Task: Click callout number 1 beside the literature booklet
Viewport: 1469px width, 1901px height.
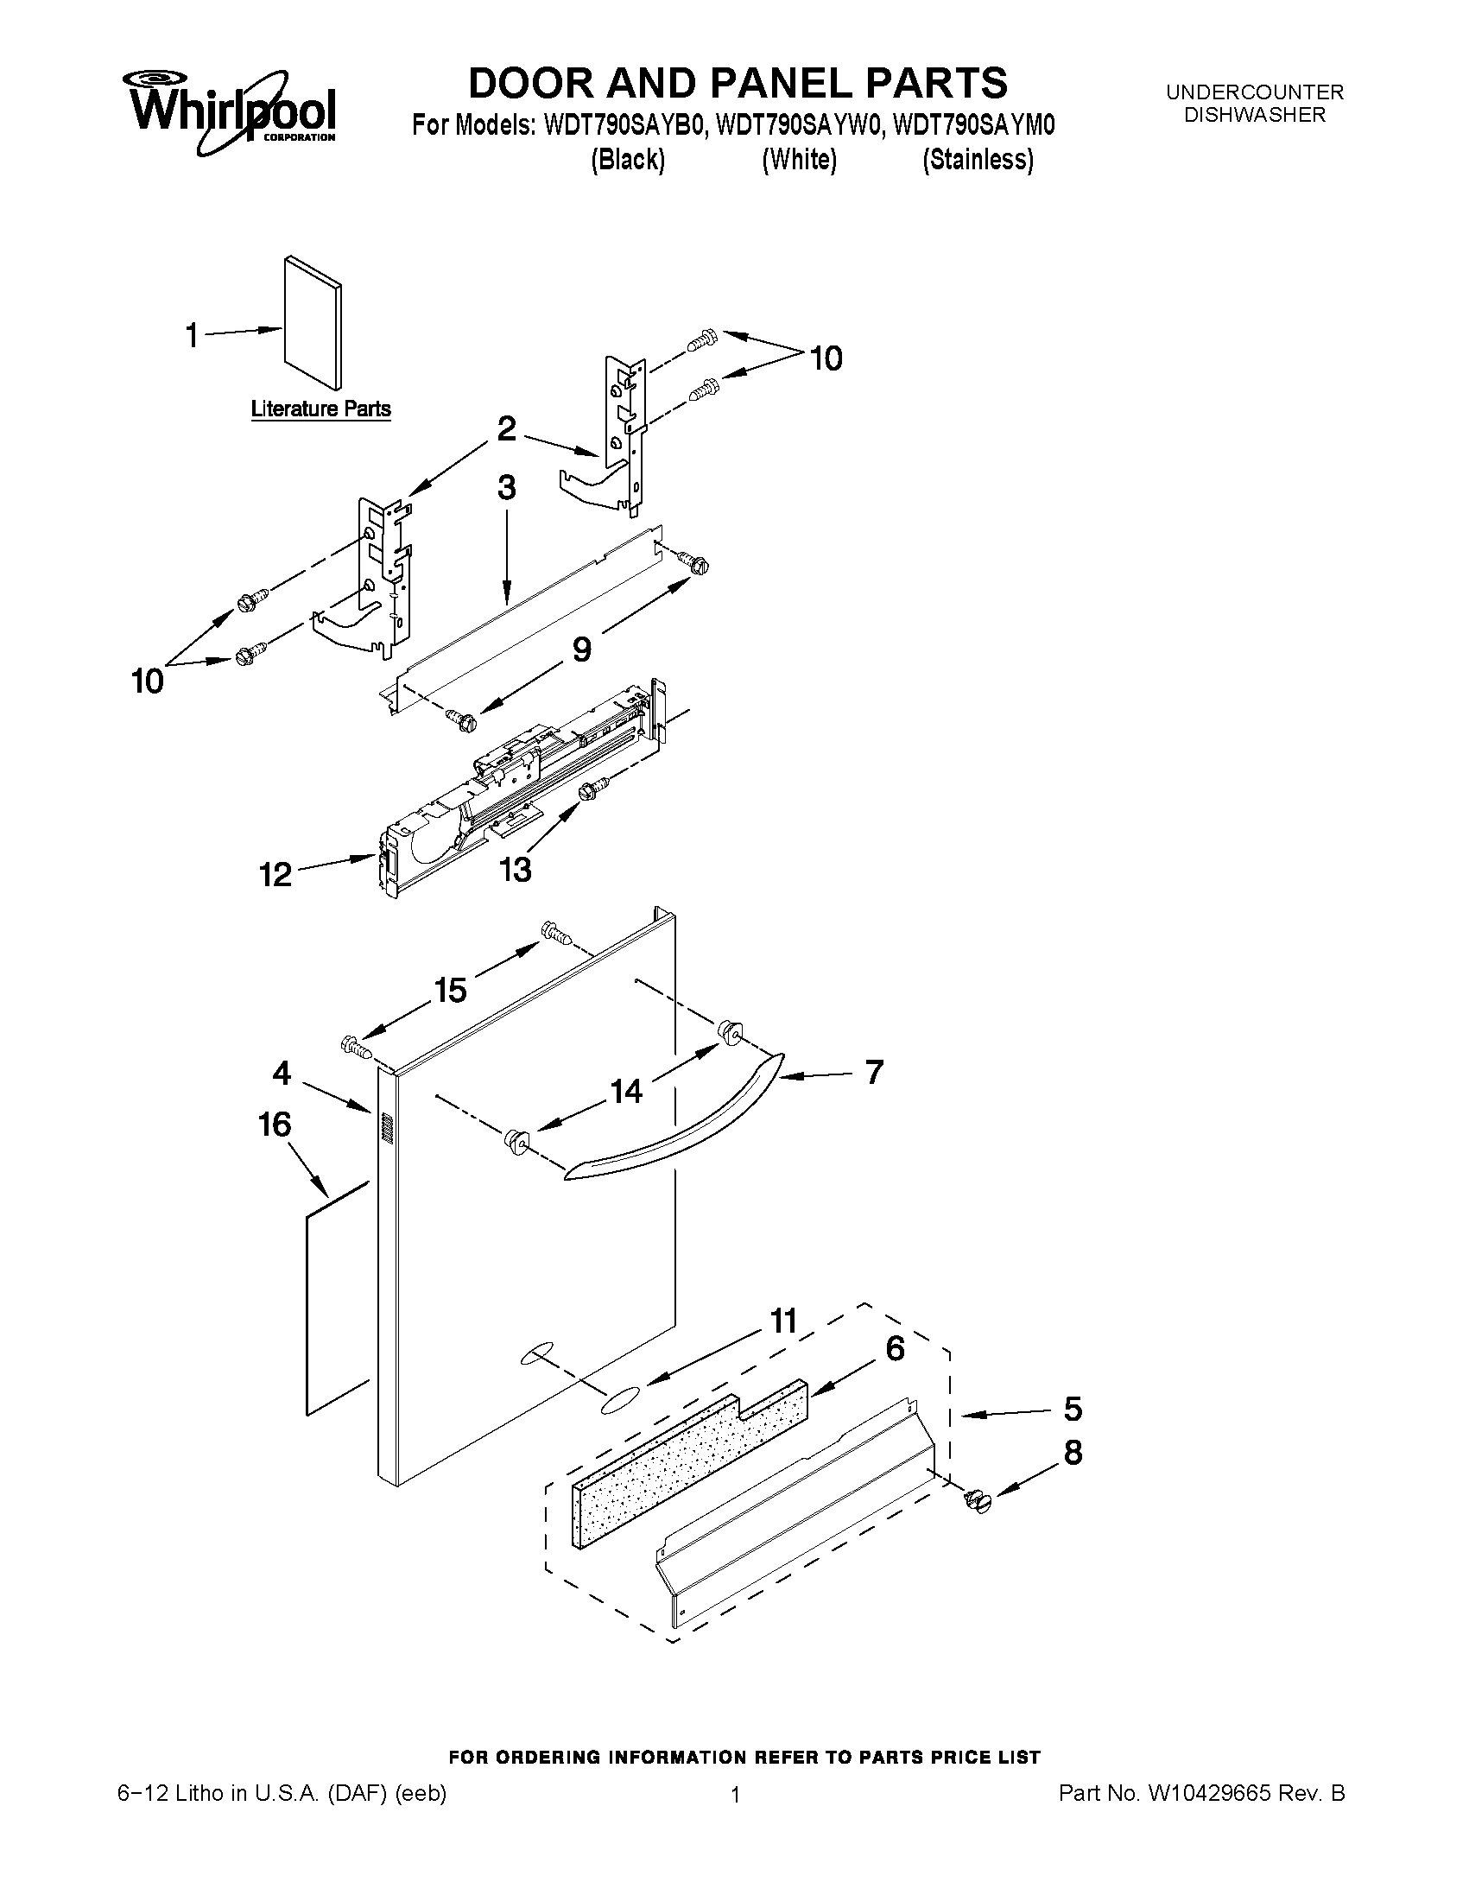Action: [x=193, y=335]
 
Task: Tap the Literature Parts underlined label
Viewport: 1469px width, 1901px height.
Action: [x=320, y=409]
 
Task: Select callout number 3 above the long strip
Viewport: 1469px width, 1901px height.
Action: [x=506, y=487]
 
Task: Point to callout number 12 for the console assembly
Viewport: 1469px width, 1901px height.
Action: [x=275, y=874]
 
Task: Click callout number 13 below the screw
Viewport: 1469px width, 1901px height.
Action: [x=516, y=869]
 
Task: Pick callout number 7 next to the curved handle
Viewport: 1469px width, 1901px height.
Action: [x=874, y=1072]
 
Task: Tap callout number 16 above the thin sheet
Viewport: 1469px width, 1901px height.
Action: [x=275, y=1124]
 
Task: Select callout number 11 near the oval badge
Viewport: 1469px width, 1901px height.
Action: [x=783, y=1321]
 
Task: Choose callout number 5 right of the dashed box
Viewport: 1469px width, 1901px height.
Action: [x=1072, y=1408]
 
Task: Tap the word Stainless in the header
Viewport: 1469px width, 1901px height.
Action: [x=978, y=160]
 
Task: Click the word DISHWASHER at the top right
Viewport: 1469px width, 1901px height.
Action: [x=1255, y=115]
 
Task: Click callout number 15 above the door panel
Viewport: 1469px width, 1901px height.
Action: [x=450, y=990]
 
